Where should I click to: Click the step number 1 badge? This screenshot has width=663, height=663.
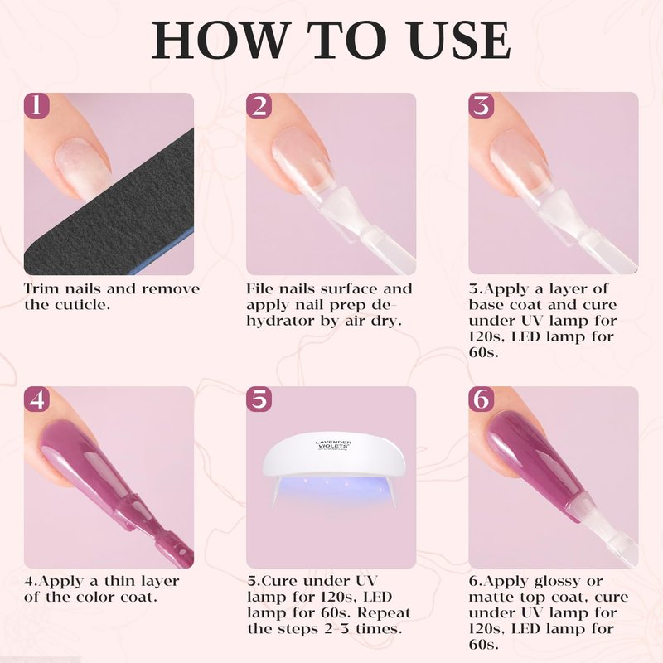(x=36, y=105)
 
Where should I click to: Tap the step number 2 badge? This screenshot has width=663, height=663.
(x=259, y=105)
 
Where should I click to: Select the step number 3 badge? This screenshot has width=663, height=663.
(x=482, y=105)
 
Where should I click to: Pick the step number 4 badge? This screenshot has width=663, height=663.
(x=36, y=399)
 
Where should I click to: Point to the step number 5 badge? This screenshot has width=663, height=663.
(x=259, y=399)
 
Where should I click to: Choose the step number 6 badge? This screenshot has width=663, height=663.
(x=482, y=399)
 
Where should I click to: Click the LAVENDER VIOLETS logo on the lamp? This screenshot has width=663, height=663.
(x=333, y=445)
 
